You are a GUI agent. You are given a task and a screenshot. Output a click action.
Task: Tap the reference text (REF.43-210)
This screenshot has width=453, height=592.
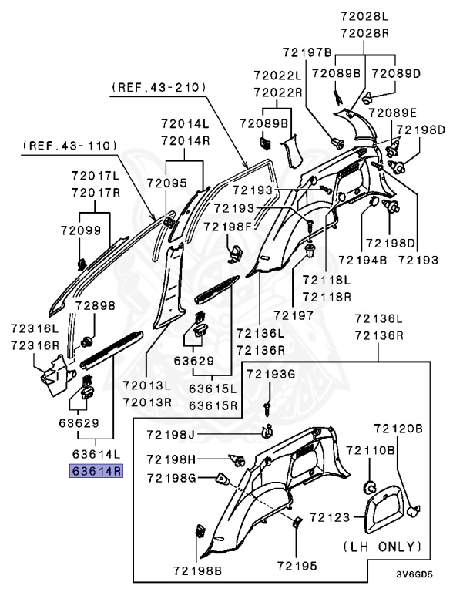click(x=158, y=89)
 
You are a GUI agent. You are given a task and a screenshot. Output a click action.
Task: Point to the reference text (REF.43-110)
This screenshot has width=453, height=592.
click(x=69, y=144)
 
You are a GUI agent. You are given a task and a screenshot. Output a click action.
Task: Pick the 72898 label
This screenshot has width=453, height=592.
click(x=95, y=305)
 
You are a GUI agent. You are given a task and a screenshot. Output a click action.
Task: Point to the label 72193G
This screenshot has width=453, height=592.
click(x=270, y=374)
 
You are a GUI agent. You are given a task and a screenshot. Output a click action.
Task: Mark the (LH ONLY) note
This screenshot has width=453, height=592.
click(x=382, y=547)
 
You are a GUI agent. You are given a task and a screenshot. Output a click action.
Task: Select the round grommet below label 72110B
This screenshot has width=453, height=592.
click(x=368, y=486)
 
